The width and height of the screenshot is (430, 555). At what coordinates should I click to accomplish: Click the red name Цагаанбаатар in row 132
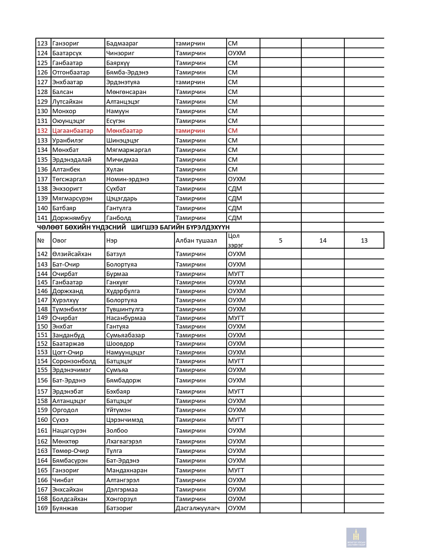click(x=73, y=131)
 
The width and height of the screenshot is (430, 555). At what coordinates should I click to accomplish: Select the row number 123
click(x=42, y=43)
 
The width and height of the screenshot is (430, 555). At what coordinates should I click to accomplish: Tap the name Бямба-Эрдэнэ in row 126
click(x=127, y=72)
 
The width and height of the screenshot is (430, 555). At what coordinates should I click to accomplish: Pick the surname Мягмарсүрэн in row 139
click(x=72, y=198)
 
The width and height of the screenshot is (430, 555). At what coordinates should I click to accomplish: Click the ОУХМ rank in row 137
click(x=236, y=179)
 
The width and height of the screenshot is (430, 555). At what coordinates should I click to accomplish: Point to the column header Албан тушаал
click(x=196, y=241)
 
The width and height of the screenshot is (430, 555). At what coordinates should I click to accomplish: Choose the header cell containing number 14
click(x=323, y=241)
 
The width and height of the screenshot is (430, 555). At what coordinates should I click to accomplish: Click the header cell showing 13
click(x=364, y=241)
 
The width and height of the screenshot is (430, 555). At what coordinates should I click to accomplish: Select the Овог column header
click(x=59, y=241)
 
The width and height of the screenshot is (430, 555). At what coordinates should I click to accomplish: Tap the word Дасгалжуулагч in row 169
click(x=197, y=508)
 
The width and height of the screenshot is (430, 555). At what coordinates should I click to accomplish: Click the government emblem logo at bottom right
click(x=356, y=537)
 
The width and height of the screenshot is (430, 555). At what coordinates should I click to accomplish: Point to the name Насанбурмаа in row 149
click(x=126, y=318)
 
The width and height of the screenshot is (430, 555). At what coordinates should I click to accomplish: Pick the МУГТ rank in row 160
click(x=236, y=420)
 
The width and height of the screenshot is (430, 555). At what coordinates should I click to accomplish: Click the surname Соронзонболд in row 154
click(x=74, y=361)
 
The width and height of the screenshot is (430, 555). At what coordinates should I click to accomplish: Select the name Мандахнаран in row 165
click(x=126, y=470)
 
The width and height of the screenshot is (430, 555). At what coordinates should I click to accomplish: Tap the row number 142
click(x=42, y=254)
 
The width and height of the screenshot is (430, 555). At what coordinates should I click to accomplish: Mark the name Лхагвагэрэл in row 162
click(x=124, y=441)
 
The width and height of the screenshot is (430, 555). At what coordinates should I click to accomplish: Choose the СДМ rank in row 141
click(x=235, y=218)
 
